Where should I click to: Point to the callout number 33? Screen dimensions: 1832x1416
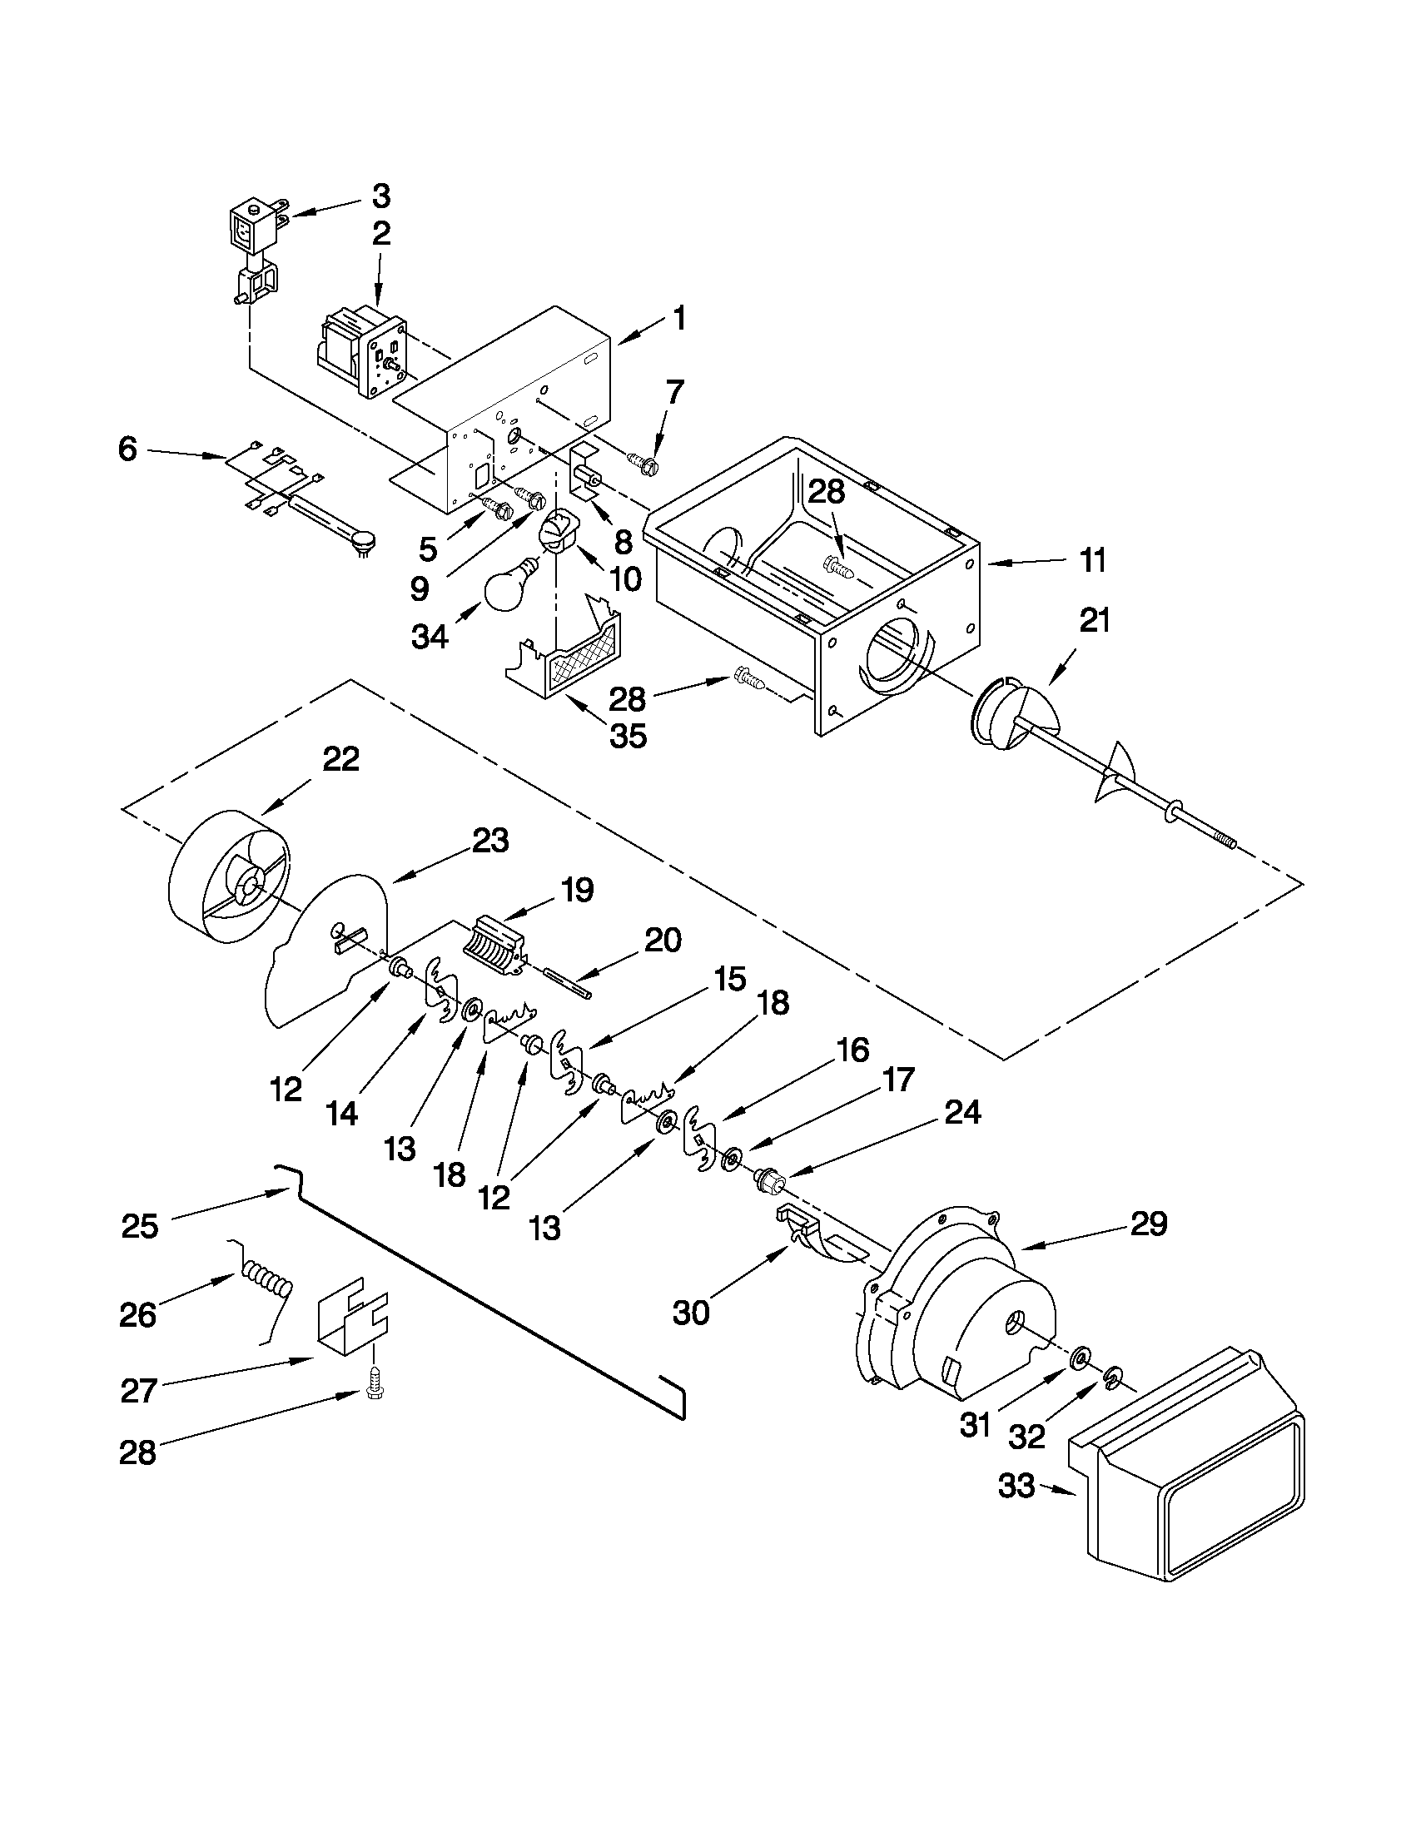tap(1016, 1487)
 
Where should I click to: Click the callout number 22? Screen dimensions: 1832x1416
tap(341, 759)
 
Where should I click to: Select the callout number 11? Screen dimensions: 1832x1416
tap(1092, 560)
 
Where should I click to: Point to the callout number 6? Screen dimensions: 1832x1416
tap(127, 449)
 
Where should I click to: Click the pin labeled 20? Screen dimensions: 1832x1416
tap(569, 982)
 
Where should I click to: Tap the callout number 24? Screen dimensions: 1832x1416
tap(962, 1112)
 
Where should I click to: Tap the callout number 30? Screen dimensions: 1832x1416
tap(691, 1313)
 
